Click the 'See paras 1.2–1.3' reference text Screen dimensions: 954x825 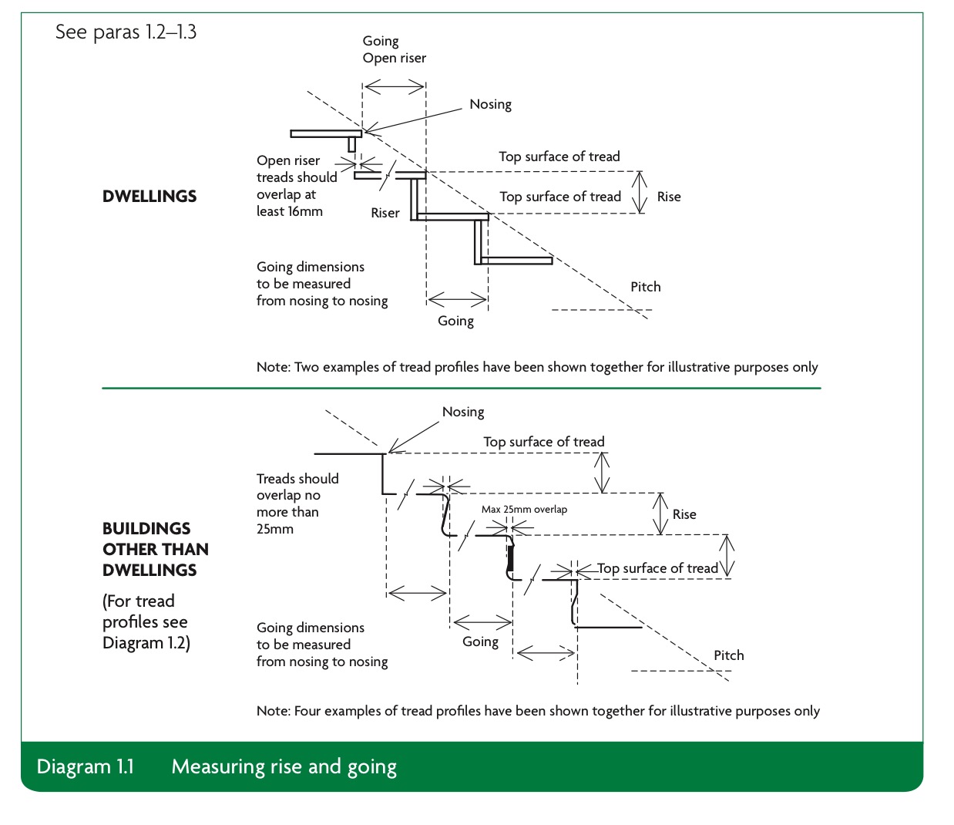[x=126, y=32]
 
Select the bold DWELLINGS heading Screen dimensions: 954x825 [x=149, y=197]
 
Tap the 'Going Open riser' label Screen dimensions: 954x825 [x=394, y=49]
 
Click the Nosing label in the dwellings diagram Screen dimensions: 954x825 [x=490, y=104]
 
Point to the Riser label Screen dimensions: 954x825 [x=385, y=213]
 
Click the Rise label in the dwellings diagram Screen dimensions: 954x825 [x=669, y=197]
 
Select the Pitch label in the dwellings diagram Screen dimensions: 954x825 [x=645, y=287]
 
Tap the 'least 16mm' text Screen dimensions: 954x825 [x=290, y=211]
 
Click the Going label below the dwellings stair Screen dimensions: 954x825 [x=455, y=321]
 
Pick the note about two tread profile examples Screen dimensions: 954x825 [x=537, y=367]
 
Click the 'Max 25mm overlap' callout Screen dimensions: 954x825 [x=524, y=509]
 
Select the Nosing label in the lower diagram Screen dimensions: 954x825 [x=463, y=412]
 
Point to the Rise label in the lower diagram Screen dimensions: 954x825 [x=684, y=514]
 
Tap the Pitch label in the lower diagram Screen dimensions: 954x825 [x=729, y=655]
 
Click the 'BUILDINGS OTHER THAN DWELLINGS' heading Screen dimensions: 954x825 [x=156, y=549]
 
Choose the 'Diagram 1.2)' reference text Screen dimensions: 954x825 [x=146, y=642]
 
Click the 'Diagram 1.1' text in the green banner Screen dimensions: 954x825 [x=86, y=766]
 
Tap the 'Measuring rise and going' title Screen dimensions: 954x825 [x=284, y=767]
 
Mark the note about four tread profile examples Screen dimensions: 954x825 [x=538, y=711]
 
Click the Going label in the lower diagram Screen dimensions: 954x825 [x=480, y=641]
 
